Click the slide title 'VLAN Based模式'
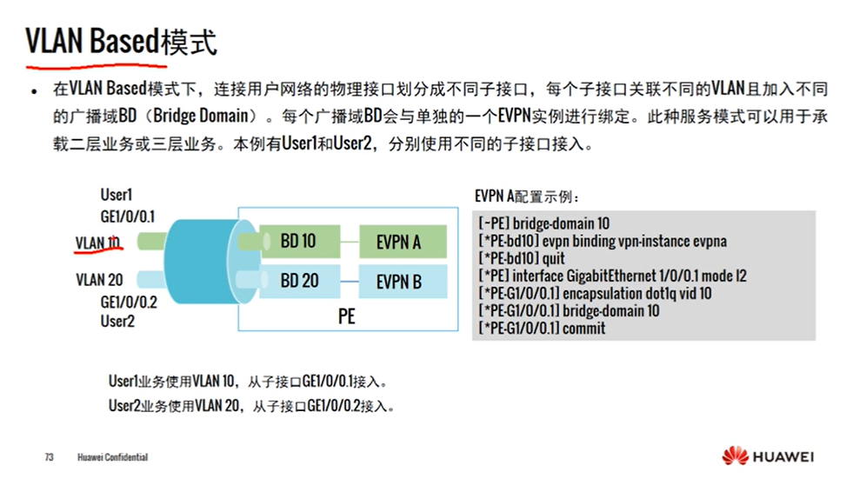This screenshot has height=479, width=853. [121, 41]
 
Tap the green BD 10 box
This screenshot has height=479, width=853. [297, 241]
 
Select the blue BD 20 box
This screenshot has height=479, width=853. [298, 281]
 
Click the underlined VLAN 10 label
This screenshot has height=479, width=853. [97, 243]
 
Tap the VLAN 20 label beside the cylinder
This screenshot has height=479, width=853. [98, 279]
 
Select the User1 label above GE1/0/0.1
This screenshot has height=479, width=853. [117, 196]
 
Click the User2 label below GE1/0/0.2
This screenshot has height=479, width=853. [117, 321]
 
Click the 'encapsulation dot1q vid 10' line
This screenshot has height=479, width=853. [595, 293]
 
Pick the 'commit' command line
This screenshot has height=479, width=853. [542, 328]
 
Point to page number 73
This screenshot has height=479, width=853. [50, 457]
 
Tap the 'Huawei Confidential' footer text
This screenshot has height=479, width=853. [112, 457]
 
